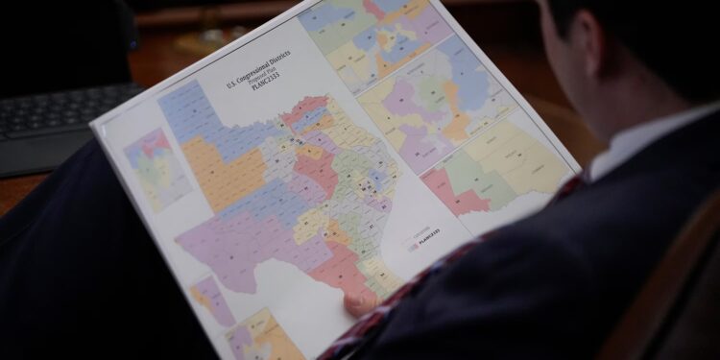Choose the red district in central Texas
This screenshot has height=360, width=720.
tap(317, 168)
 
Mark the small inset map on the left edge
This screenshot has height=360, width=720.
tap(156, 168)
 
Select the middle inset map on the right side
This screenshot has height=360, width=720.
tap(432, 106)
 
